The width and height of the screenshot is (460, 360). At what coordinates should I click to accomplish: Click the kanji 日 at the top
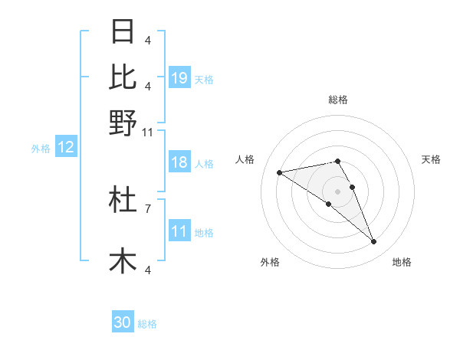[123, 32]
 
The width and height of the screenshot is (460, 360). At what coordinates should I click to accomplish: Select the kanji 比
[123, 77]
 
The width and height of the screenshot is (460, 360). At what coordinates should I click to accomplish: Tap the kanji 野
[123, 123]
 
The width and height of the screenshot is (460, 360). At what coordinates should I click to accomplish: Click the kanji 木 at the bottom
[123, 260]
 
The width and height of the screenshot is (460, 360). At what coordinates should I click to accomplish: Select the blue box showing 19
[179, 77]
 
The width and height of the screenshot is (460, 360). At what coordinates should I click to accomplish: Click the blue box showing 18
[179, 163]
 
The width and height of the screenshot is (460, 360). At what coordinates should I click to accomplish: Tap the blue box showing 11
[179, 231]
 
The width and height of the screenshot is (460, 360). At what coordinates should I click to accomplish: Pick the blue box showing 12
[66, 148]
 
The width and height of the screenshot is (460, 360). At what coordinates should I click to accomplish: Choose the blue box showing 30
[123, 322]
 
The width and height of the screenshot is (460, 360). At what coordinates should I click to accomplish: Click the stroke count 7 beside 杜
[148, 208]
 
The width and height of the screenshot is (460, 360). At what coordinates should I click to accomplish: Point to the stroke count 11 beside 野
[148, 132]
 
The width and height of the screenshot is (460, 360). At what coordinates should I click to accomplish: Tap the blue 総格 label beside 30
[147, 324]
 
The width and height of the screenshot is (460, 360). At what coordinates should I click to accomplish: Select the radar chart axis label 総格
[338, 100]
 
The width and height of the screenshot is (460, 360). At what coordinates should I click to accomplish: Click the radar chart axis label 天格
[431, 159]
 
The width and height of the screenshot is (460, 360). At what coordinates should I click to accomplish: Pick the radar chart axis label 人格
[245, 159]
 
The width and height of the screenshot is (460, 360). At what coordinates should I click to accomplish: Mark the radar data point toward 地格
[374, 242]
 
